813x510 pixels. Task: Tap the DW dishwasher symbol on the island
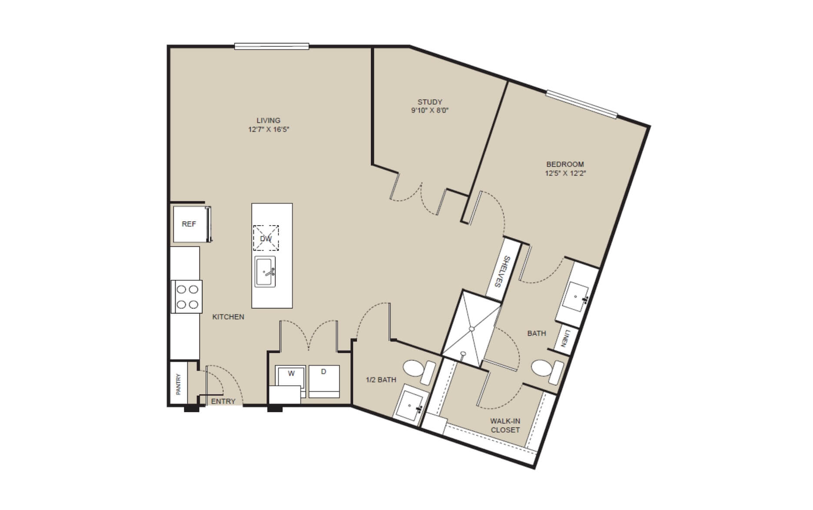(x=266, y=238)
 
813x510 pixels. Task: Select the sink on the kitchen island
(x=265, y=271)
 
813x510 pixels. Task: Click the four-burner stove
(x=187, y=297)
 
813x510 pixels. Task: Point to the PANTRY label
(x=178, y=384)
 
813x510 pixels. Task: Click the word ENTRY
(x=223, y=401)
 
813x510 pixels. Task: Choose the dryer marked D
(x=324, y=381)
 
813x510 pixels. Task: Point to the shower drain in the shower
(x=471, y=330)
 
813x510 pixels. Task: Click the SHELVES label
(x=502, y=272)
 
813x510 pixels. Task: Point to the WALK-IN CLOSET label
(x=505, y=425)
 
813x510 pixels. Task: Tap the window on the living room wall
(x=272, y=46)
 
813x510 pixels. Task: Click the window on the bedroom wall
(x=581, y=104)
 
